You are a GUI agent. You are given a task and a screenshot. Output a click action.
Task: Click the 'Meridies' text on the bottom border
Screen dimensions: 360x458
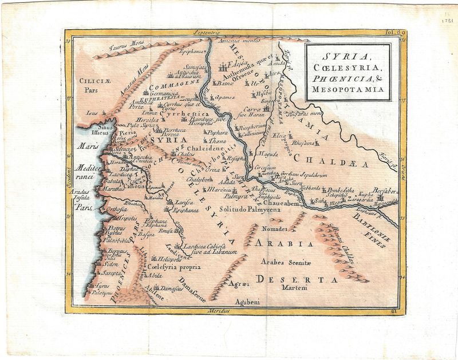(x=219, y=310)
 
